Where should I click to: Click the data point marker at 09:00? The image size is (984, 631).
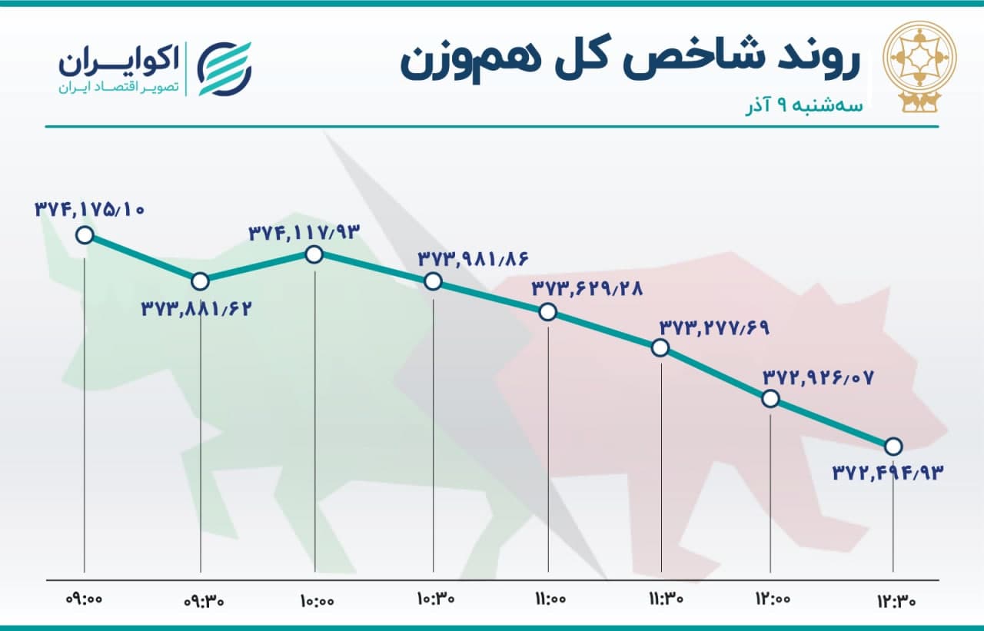coord(85,235)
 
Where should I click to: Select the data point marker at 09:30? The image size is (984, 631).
coord(201,281)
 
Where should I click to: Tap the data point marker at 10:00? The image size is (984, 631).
coord(314,254)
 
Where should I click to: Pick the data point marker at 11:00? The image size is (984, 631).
coord(548,312)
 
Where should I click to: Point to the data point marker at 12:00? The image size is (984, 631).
coord(770,399)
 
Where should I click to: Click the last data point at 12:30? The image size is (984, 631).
coord(893,447)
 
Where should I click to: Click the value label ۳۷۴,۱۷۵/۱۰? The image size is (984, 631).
coord(90,210)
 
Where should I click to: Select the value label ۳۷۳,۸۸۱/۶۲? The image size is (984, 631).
coord(196,309)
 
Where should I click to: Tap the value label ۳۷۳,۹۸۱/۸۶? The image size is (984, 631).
coord(473,259)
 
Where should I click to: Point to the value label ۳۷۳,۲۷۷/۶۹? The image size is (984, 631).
coord(715,328)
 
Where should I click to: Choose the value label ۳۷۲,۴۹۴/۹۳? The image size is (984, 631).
coord(888,473)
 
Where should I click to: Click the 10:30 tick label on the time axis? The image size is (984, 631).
coord(436,599)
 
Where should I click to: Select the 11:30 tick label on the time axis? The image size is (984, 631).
coord(666,599)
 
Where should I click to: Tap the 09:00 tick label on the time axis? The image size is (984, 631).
coord(84,599)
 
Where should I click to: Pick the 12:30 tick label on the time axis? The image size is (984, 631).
coord(896,601)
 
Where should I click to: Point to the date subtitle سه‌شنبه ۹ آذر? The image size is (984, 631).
coord(804,106)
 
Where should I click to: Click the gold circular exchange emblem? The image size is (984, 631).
coord(920,65)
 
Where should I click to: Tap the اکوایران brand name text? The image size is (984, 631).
coord(119,61)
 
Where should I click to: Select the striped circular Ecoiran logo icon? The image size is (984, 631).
coord(224,68)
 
